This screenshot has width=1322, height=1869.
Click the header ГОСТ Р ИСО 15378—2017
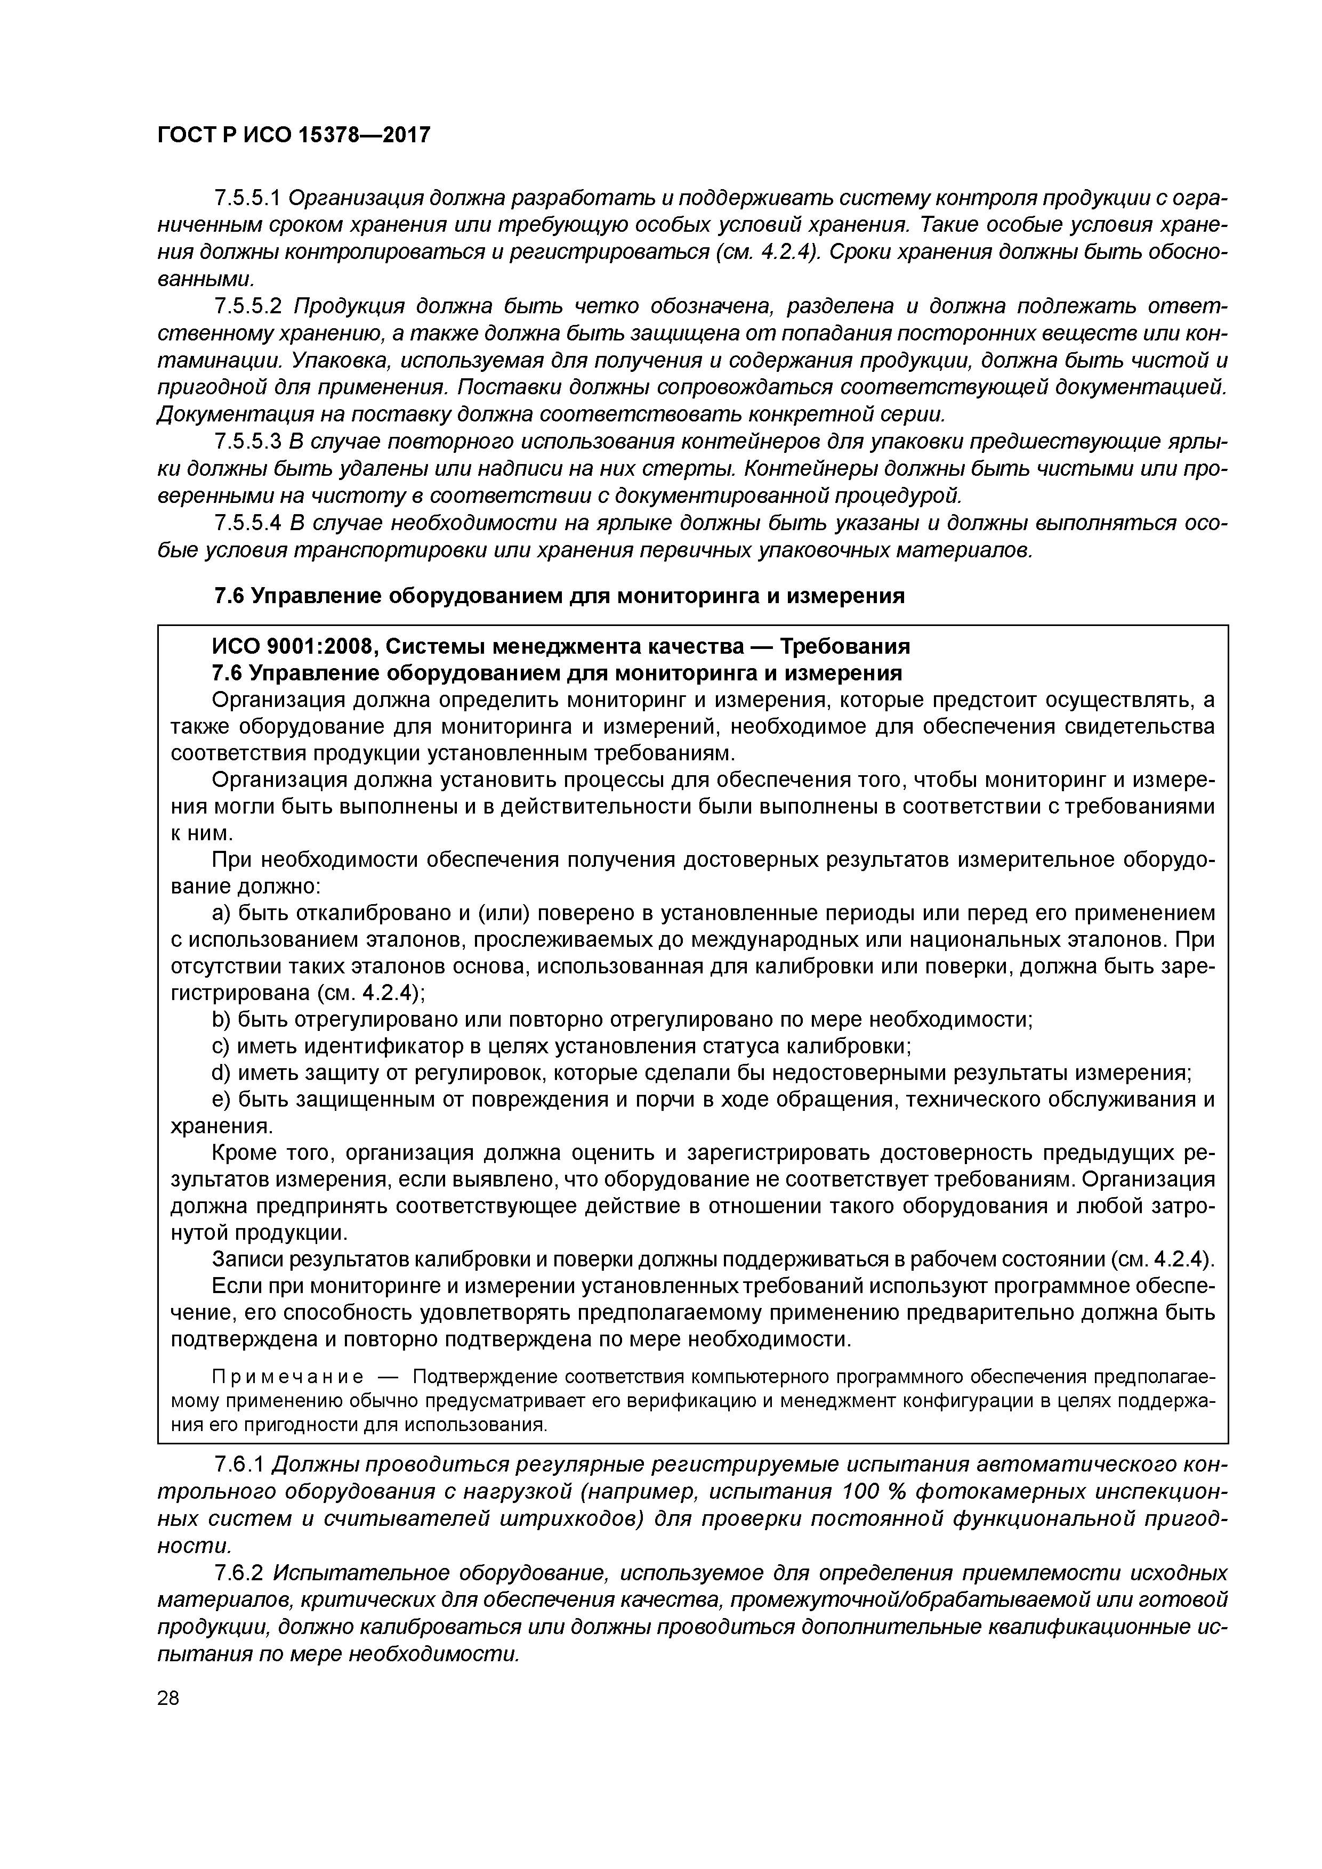tap(293, 135)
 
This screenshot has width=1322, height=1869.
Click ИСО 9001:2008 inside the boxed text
tap(292, 646)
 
